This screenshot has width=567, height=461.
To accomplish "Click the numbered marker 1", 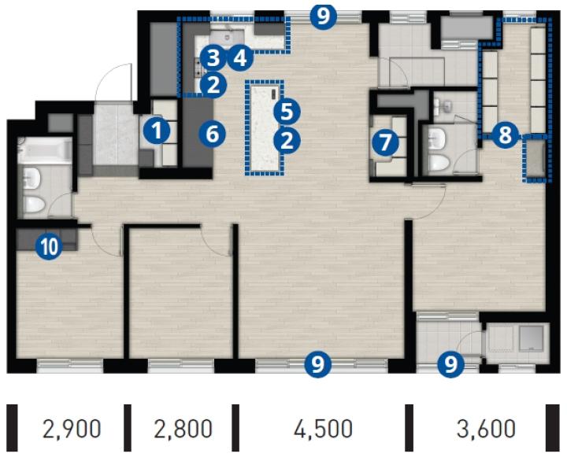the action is [x=157, y=131].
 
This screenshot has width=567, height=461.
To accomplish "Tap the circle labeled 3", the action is [x=213, y=57].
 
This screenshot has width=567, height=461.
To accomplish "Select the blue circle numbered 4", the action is [x=239, y=57].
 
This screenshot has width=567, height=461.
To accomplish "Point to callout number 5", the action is [x=287, y=112].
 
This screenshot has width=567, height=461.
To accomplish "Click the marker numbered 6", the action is [x=213, y=135].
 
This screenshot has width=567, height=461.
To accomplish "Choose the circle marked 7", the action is [x=385, y=142].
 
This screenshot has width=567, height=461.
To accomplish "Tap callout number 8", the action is [x=505, y=135].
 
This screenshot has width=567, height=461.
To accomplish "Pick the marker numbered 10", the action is [x=49, y=247].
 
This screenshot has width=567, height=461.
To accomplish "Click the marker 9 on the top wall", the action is [x=324, y=17].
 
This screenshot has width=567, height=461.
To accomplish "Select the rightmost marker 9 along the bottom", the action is [x=451, y=364].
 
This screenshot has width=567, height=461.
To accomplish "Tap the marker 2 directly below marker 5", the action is [x=287, y=141].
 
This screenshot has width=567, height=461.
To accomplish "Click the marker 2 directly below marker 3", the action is [x=213, y=85].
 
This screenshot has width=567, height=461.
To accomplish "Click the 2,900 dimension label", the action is [x=72, y=429].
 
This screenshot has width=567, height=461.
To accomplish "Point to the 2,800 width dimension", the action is [x=183, y=429].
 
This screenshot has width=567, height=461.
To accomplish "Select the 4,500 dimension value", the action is [x=323, y=429].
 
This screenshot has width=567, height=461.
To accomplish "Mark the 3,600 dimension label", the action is [x=486, y=429].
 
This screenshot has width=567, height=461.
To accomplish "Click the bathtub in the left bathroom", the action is [x=44, y=150].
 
